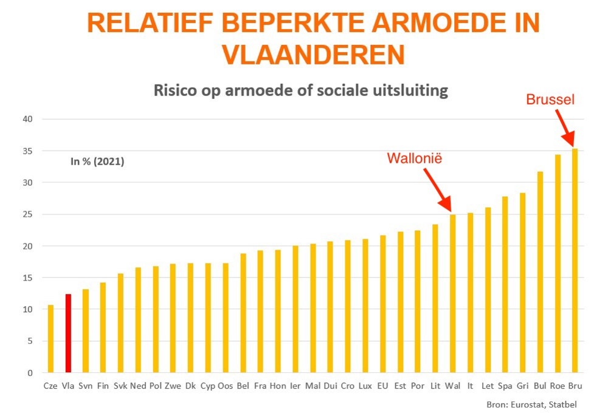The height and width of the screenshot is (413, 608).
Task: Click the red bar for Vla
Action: [x=68, y=333]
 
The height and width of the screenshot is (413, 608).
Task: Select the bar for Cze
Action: [x=50, y=339]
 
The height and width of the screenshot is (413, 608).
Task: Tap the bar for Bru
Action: [x=575, y=261]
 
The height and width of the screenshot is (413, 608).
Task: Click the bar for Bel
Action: [x=243, y=313]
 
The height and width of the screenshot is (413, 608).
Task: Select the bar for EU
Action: [x=383, y=304]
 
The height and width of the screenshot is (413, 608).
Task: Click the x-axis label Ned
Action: [x=138, y=386]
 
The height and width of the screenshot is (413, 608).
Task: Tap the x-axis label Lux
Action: [x=365, y=386]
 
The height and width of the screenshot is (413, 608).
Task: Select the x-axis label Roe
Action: [x=557, y=386]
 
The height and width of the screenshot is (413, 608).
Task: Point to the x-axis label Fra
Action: [x=260, y=386]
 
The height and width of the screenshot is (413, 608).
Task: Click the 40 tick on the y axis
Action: [x=27, y=119]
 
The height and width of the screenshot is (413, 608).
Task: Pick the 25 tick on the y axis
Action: [x=27, y=214]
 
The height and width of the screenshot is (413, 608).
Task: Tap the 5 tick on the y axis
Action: [x=29, y=341]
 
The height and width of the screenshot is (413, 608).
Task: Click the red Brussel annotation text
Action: [x=550, y=100]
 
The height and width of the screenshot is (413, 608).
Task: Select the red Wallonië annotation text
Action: [x=415, y=159]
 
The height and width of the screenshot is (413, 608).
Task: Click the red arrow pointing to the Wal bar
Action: [x=437, y=190]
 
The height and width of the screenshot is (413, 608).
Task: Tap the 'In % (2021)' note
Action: [x=97, y=162]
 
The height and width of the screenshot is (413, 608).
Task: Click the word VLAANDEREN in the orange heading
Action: [x=313, y=55]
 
